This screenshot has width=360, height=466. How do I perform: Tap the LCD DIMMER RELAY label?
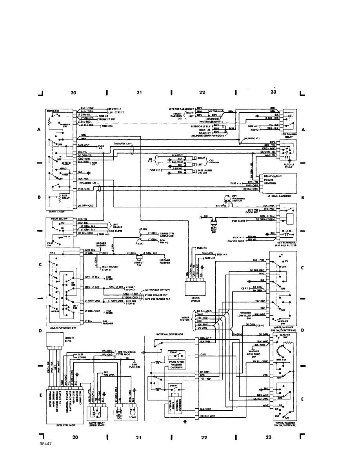tap(288, 136)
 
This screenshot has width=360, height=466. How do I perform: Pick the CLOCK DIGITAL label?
tap(195, 299)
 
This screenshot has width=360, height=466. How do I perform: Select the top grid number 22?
tap(202, 93)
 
